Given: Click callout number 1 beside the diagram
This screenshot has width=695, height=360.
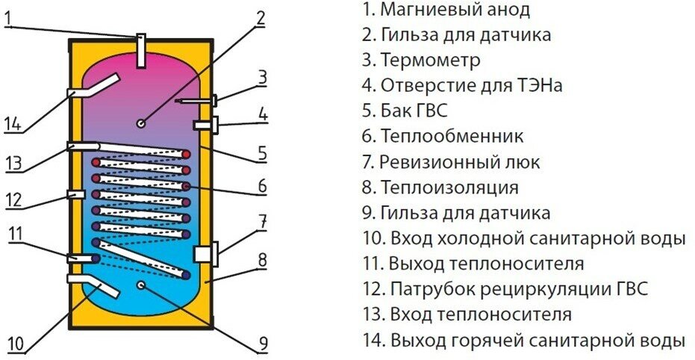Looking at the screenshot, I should coord(7,14).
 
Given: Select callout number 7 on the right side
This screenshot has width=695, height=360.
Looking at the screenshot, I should coord(262,221).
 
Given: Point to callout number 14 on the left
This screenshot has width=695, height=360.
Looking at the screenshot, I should coord(13,124).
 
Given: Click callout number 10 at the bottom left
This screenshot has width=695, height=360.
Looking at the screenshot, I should coord(16,344).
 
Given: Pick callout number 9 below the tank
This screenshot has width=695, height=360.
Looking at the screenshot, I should coord(263,344).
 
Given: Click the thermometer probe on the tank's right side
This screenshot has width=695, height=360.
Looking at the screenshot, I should coord(198,99).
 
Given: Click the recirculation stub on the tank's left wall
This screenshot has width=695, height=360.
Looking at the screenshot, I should coord(76,194).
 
